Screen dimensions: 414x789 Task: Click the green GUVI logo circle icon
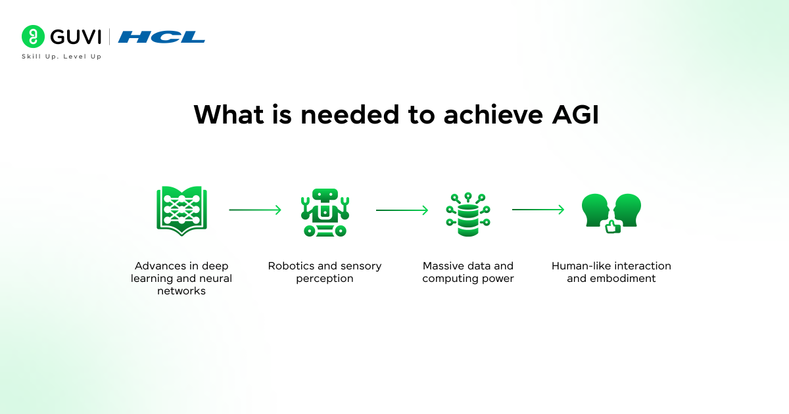[x=33, y=37]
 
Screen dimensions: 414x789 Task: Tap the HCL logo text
[x=161, y=37]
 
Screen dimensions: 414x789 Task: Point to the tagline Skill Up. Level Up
[x=61, y=57]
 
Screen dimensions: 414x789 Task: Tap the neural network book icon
[x=182, y=210]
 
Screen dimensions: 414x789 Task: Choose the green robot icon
[x=325, y=212]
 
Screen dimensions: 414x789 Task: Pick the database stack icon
[x=468, y=214]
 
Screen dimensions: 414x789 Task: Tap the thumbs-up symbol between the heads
[x=612, y=227]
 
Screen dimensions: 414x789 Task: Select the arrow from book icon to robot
[x=255, y=210]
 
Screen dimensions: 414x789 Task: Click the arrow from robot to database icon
[x=402, y=210]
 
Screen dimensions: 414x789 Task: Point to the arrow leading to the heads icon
[x=538, y=210]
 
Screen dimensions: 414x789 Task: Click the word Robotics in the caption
[x=290, y=266]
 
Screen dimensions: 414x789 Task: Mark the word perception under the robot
[x=325, y=279]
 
